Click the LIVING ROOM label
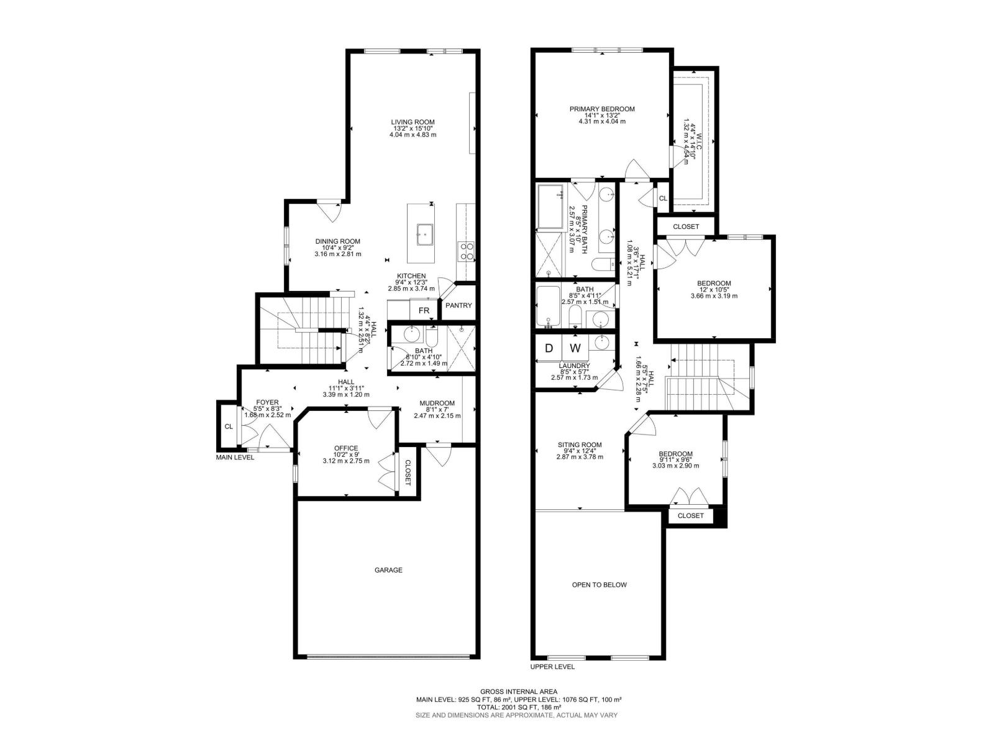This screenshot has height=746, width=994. coord(413,122)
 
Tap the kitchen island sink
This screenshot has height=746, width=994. coord(425,234)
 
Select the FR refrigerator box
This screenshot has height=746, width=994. coord(424,310)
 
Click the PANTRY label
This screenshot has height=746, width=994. coord(458,305)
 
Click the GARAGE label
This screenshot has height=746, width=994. coord(388,569)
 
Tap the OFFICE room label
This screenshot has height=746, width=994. coord(346,448)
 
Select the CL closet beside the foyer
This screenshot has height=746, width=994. coord(228,426)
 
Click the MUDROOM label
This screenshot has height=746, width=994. coord(436,403)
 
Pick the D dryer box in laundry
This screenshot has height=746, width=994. coord(549,348)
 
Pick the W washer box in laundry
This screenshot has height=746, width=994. coord(575,348)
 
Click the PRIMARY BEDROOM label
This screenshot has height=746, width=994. coord(602,109)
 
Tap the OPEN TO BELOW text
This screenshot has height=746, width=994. coord(599,585)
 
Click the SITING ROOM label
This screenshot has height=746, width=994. coord(579,444)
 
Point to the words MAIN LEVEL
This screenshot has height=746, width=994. coord(235,458)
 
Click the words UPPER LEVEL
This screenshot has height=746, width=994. coord(552,666)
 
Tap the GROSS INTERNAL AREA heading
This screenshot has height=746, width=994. coord(518,691)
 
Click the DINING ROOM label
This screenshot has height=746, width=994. coord(337,241)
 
